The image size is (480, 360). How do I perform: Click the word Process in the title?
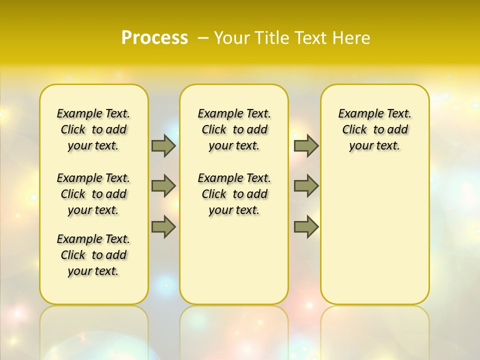tap(154, 38)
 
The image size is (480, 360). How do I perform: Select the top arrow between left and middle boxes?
tap(163, 145)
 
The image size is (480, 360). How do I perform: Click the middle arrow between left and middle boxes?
tap(163, 186)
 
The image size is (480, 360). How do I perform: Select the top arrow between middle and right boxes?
tap(306, 145)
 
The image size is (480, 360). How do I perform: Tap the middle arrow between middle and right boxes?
tap(306, 186)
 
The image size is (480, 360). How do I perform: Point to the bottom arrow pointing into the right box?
tap(306, 227)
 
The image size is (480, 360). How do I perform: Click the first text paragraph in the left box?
tap(93, 129)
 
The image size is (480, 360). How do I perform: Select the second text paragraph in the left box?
tap(93, 194)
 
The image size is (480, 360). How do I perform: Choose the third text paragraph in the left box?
tap(93, 255)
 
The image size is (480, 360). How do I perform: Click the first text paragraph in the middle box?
tap(234, 129)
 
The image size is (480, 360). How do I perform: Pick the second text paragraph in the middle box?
tap(234, 194)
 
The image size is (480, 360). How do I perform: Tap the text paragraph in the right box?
tap(375, 129)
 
